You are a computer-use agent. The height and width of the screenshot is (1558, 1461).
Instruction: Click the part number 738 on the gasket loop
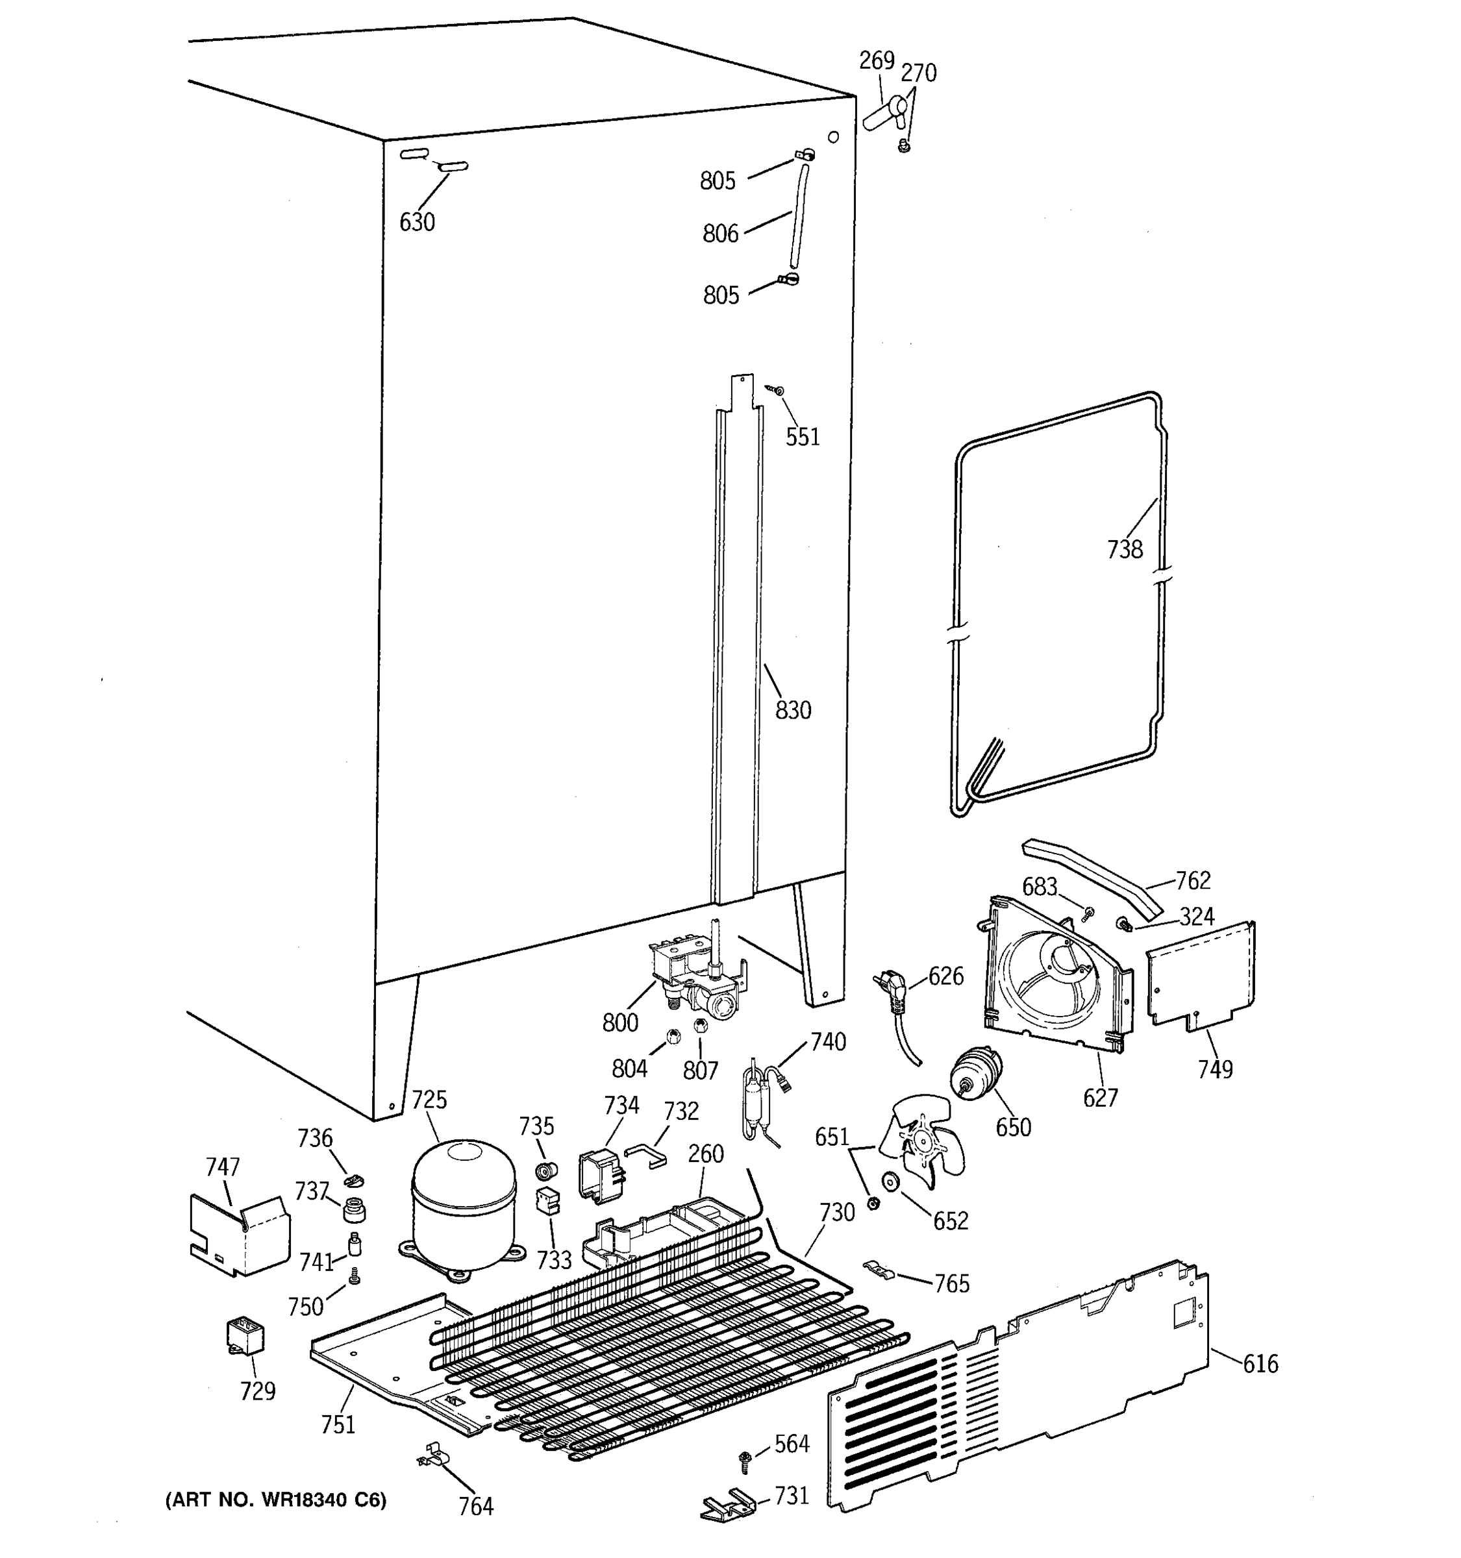(1124, 549)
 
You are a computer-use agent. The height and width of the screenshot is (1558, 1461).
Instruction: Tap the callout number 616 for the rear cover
(1260, 1365)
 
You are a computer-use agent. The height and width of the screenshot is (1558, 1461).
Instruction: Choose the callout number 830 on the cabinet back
(792, 710)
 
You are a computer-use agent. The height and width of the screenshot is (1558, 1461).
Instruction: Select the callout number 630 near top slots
(416, 223)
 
